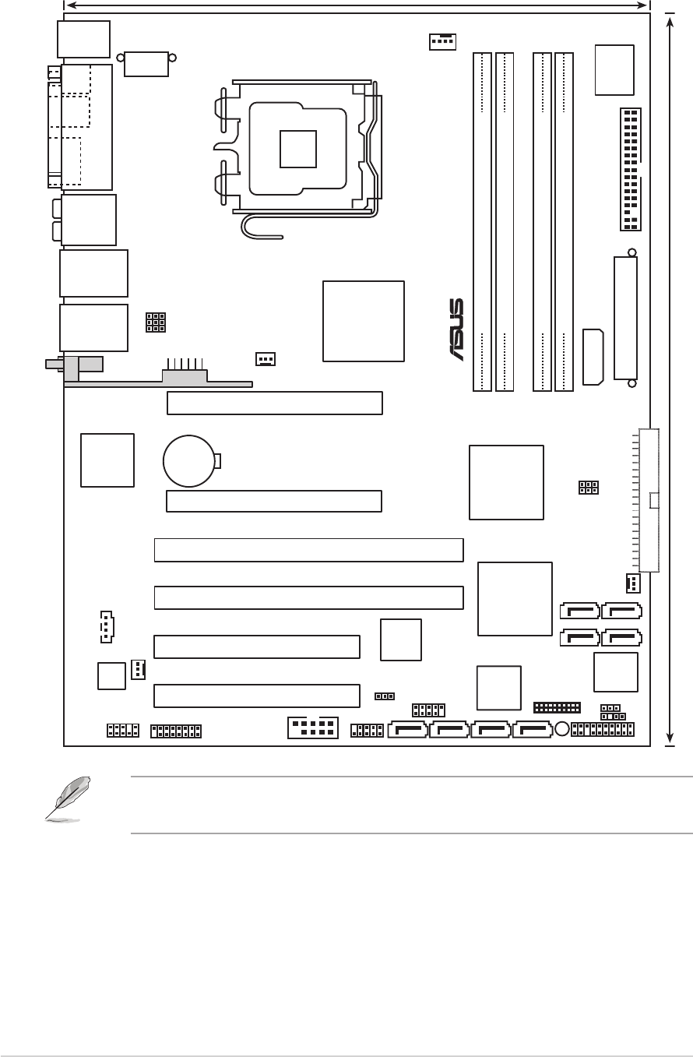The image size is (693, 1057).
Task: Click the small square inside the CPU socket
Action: coord(298,148)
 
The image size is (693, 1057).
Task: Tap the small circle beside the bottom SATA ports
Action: coord(562,730)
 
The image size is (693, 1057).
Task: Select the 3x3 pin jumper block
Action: coord(156,322)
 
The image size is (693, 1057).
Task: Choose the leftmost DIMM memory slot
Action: coord(482,221)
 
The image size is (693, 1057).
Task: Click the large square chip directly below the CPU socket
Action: coord(364,320)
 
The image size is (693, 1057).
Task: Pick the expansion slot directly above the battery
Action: coord(274,403)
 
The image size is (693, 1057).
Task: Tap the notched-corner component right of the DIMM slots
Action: coord(593,357)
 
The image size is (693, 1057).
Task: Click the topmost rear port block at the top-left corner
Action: coord(83,38)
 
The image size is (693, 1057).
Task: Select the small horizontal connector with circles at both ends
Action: coord(146,63)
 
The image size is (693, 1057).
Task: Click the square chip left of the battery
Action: coord(107,460)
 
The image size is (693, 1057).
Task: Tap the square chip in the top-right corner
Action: coord(614,69)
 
